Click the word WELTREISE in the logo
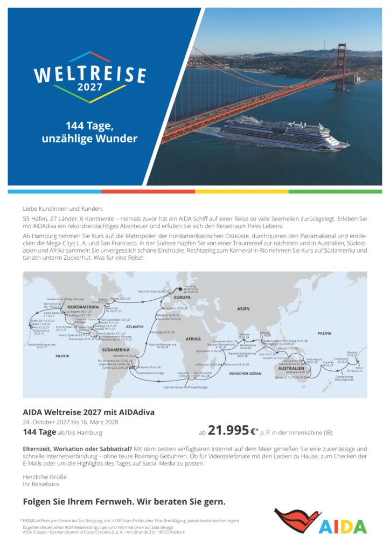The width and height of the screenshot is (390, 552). pyautogui.click(x=89, y=74)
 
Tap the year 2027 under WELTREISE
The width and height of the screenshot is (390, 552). pyautogui.click(x=89, y=87)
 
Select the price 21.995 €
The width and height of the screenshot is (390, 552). pyautogui.click(x=231, y=430)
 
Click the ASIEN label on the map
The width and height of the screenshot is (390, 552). pyautogui.click(x=243, y=308)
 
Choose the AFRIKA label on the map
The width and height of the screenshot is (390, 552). pyautogui.click(x=193, y=339)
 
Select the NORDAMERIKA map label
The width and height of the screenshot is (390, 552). pyautogui.click(x=83, y=307)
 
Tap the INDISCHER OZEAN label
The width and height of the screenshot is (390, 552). pyautogui.click(x=245, y=373)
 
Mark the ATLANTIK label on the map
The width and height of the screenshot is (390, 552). pyautogui.click(x=135, y=327)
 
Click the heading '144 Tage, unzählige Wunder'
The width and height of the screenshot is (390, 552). pyautogui.click(x=89, y=132)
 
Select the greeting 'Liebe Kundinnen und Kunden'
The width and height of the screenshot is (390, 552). pyautogui.click(x=62, y=208)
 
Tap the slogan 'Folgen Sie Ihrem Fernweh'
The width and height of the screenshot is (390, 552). pyautogui.click(x=124, y=501)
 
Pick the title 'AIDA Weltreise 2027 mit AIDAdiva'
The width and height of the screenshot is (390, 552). pyautogui.click(x=88, y=412)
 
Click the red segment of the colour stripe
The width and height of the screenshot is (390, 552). pyautogui.click(x=148, y=191)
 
